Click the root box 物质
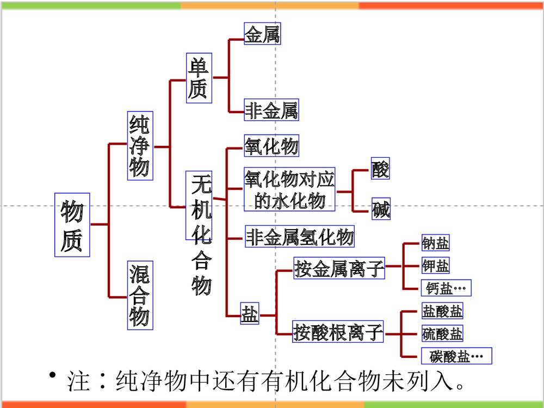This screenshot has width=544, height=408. [x=72, y=225]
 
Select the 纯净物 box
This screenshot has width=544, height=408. [x=140, y=146]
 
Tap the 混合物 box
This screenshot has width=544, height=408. [x=140, y=295]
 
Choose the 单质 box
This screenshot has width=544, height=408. [x=198, y=78]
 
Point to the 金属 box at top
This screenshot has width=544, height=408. [x=262, y=34]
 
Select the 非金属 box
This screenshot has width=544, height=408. [x=271, y=111]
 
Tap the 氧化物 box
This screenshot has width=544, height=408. [x=271, y=146]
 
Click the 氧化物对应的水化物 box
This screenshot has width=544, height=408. [x=289, y=189]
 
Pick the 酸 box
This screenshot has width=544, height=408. [x=380, y=169]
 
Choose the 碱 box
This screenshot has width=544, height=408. [x=381, y=209]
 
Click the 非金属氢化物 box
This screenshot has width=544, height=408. [x=300, y=237]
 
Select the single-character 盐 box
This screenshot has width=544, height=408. [x=250, y=315]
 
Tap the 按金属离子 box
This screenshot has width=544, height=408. [x=339, y=268]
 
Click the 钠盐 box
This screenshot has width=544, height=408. [x=436, y=244]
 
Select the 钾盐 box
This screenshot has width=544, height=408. [x=436, y=266]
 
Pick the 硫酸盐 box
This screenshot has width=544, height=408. [x=442, y=333]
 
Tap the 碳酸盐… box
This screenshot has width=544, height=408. [x=456, y=356]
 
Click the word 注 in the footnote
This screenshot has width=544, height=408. [x=78, y=382]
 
